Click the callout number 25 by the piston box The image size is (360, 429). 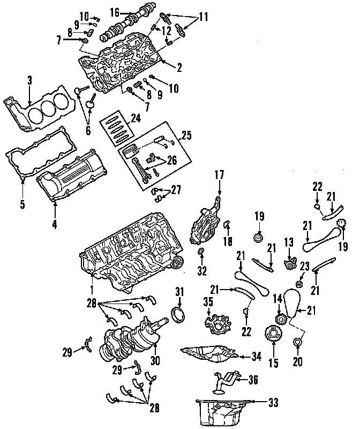186,136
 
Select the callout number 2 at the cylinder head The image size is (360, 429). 178,68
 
